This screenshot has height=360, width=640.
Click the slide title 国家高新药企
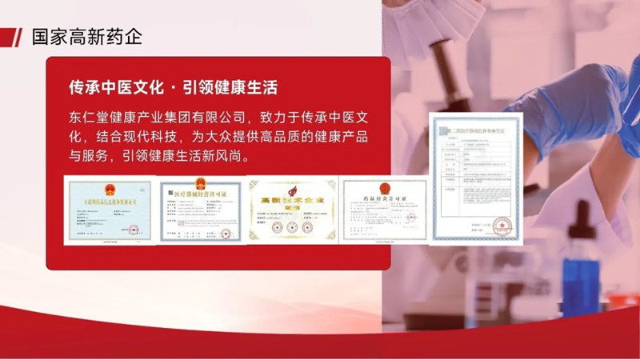tap(86, 37)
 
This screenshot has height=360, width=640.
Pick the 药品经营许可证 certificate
tap(383, 210)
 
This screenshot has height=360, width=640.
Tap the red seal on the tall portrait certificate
tap(502, 226)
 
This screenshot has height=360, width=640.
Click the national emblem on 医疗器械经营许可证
tap(200, 183)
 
